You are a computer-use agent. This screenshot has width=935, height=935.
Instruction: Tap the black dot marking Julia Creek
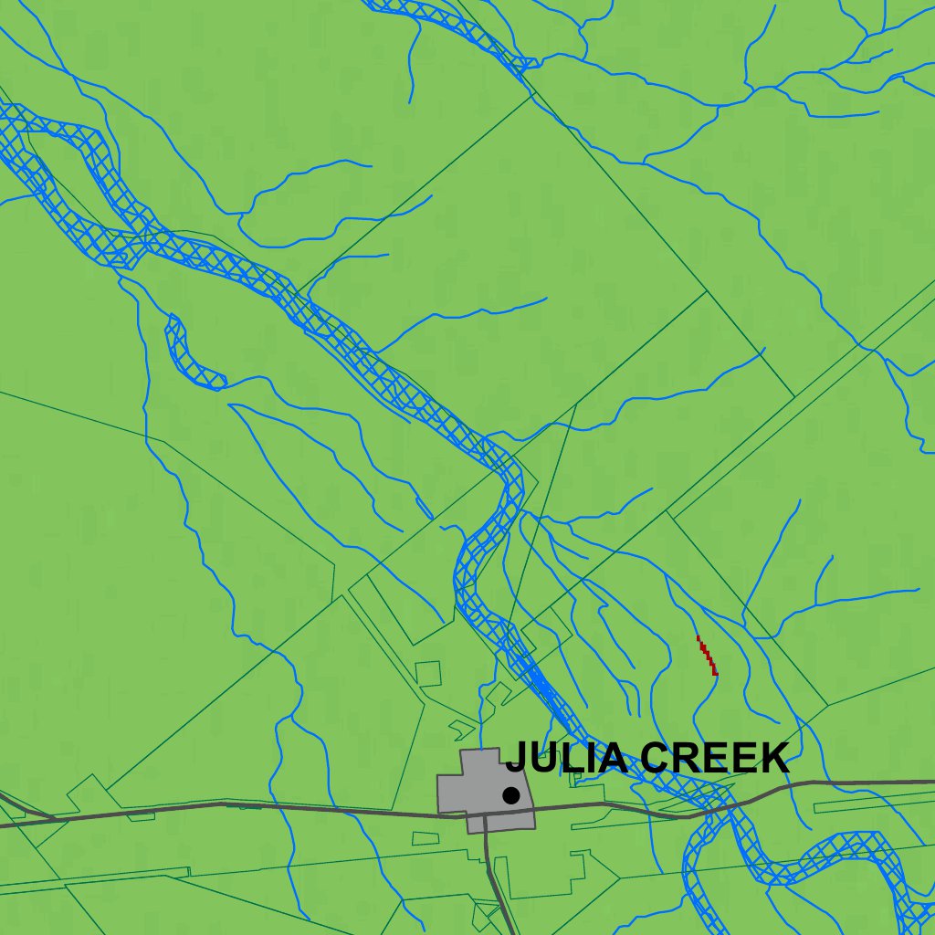[x=511, y=795]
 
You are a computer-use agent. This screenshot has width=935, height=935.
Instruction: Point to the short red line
[x=707, y=656]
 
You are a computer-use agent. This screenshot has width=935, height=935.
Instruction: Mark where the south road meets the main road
[x=485, y=814]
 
